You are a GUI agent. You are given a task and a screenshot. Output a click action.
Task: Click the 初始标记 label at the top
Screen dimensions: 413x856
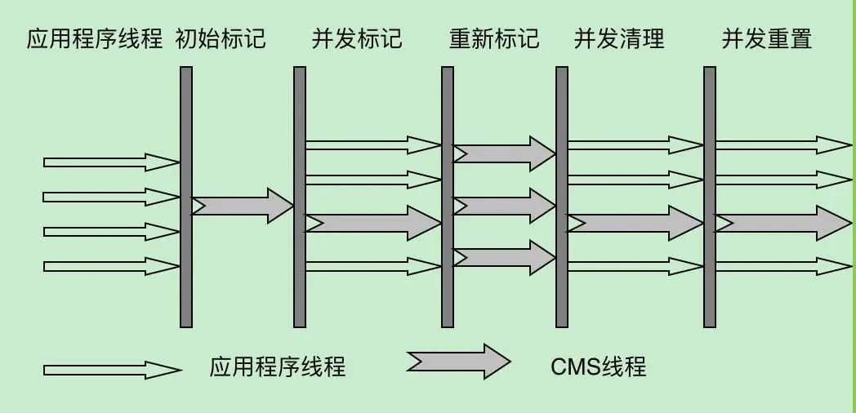221,39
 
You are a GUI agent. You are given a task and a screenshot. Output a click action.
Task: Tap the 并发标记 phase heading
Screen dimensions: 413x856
357,39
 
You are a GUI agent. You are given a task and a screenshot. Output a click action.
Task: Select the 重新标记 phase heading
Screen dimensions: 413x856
494,39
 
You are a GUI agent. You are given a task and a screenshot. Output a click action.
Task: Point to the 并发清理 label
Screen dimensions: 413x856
619,39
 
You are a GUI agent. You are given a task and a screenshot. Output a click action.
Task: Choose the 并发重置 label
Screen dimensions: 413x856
767,39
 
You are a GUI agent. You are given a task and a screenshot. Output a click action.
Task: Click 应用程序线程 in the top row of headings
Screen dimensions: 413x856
95,39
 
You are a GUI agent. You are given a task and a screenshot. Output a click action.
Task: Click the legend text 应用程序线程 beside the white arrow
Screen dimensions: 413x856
278,366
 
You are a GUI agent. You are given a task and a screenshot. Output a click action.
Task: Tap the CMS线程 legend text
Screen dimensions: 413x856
599,366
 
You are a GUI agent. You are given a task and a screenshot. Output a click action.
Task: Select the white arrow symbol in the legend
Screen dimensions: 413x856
112,370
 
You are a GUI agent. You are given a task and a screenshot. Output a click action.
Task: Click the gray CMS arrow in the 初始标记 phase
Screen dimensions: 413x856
242,206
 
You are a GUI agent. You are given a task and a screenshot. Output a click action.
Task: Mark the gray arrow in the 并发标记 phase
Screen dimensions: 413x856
372,223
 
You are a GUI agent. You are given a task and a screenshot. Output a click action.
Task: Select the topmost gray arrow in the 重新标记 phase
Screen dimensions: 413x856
504,153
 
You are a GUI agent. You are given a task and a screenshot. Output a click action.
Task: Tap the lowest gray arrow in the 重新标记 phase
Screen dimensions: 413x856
504,257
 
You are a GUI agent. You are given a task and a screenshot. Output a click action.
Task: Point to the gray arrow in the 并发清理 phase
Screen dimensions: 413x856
635,223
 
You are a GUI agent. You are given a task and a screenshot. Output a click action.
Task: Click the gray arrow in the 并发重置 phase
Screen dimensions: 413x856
782,223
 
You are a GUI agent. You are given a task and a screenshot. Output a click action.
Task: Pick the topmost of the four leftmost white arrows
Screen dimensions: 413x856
111,162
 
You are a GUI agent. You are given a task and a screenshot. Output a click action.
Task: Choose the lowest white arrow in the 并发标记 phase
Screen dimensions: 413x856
372,266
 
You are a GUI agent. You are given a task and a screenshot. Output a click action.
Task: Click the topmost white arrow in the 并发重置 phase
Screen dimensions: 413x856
782,145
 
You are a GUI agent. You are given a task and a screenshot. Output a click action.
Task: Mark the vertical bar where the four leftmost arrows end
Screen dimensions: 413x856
186,196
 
